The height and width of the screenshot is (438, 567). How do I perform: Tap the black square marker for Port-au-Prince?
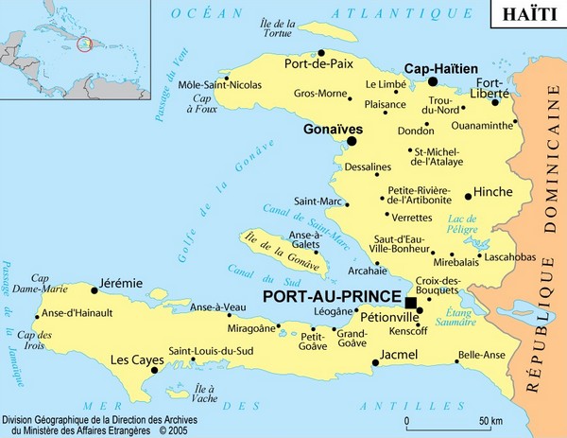point(410,303)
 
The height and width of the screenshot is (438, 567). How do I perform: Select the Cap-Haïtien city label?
point(440,69)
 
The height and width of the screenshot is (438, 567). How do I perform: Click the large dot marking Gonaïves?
point(352,141)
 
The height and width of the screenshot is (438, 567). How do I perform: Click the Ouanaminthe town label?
point(485,123)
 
